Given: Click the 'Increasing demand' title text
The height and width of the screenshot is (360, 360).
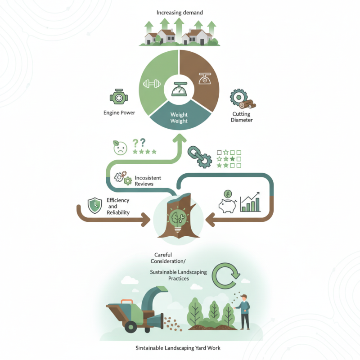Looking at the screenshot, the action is coord(180,13).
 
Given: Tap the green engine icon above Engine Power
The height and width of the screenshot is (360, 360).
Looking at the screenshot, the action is coord(119,97).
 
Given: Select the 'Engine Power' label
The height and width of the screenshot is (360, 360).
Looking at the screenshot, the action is coord(119,113).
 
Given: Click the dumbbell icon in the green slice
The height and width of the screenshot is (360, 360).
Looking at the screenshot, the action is coord(152,84).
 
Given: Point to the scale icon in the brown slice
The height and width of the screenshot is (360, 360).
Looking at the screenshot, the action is coord(205,79).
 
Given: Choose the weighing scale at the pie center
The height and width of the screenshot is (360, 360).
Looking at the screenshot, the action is coord(179,89).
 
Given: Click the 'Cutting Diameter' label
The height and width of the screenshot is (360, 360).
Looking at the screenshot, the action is coord(242,117).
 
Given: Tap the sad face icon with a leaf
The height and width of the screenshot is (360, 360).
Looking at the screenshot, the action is coord(120,148).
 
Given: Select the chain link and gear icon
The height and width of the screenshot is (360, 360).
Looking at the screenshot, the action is coord(200,157).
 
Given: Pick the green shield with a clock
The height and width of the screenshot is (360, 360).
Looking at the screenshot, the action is coord(95,205).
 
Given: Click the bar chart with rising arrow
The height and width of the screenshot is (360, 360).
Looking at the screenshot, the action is coord(250,202).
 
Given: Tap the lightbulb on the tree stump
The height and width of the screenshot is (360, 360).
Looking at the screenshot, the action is coord(178,220).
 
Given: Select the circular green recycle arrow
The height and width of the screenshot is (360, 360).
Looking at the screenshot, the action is coord(226,276).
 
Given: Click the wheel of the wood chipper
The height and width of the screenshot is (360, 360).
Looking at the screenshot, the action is coord(131,327).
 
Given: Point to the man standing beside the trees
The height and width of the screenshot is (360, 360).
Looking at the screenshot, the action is coord(244,312).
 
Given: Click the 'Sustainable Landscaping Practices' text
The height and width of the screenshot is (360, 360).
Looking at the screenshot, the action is coord(178,275).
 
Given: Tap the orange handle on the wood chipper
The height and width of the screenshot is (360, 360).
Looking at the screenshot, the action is coord(127,301).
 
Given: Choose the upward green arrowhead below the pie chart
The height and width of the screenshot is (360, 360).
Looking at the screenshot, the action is coord(179,139).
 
